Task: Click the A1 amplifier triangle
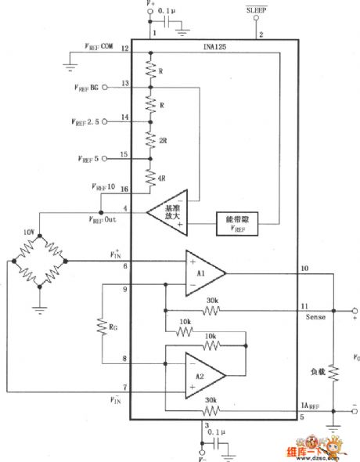[202, 273]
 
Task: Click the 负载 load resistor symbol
[334, 374]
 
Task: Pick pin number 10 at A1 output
[304, 269]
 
